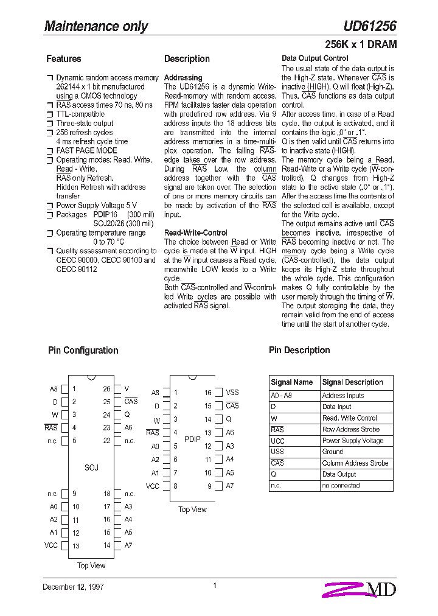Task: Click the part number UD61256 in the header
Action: [x=369, y=26]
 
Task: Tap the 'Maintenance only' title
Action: [x=96, y=26]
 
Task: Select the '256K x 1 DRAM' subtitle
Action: [x=361, y=44]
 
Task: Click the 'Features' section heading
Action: [x=63, y=59]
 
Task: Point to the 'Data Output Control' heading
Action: [x=315, y=58]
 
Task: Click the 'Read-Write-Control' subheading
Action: [x=196, y=233]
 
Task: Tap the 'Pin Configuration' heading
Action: [x=83, y=350]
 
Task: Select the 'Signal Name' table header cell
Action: [x=291, y=382]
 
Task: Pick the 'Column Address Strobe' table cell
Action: [x=355, y=463]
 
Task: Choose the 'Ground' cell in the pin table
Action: [x=333, y=452]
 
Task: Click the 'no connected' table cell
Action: [x=341, y=486]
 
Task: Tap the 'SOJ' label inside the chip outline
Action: [x=91, y=467]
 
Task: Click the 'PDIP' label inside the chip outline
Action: [x=192, y=439]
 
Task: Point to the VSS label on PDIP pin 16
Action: [x=232, y=393]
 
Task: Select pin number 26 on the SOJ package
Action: [x=106, y=389]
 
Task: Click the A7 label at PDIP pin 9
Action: [x=230, y=486]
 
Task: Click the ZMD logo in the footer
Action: [x=360, y=589]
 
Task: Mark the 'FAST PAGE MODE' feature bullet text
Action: [x=86, y=150]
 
